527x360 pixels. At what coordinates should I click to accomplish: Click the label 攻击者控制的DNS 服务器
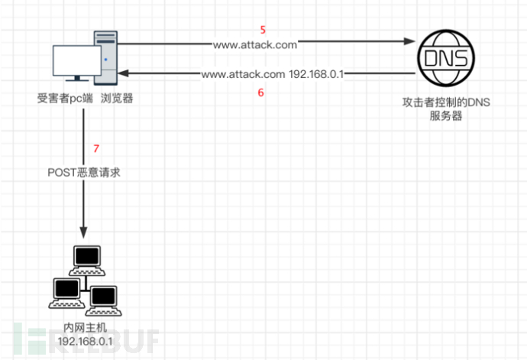[441, 109]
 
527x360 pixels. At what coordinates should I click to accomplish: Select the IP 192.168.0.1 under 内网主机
[84, 339]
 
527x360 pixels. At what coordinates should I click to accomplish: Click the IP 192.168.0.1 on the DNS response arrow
[317, 75]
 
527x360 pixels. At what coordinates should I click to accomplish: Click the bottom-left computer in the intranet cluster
[66, 291]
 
